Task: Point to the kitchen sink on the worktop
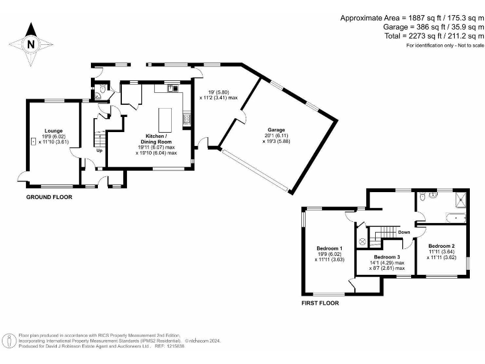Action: coord(170,89)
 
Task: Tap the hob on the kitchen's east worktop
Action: coord(187,118)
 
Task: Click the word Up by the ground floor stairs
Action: coord(99,150)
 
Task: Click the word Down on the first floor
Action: coord(404,232)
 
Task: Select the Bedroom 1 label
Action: coord(329,248)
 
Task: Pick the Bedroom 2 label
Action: coord(441,246)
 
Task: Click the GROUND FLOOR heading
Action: coord(49,197)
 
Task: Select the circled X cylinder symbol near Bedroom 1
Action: coord(362,241)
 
